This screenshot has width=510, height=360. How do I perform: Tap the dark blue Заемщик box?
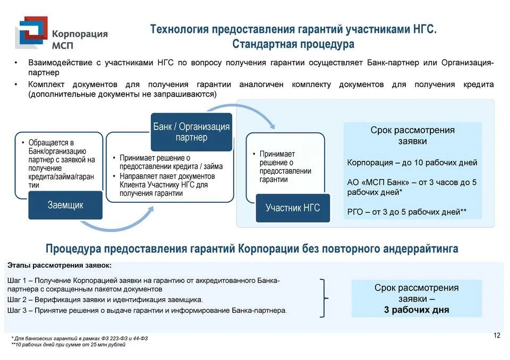point(65,205)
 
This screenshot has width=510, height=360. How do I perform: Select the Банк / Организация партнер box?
point(191,132)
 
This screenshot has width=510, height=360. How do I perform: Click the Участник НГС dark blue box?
point(293,208)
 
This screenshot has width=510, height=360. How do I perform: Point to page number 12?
point(497,335)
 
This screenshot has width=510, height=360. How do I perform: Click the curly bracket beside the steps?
point(324,298)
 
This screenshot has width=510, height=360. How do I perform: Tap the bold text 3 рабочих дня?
point(416,310)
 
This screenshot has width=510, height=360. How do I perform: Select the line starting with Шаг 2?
point(105,299)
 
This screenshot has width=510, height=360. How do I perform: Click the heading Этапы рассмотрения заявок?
point(59,265)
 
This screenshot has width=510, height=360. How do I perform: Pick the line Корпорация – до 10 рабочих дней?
point(412,162)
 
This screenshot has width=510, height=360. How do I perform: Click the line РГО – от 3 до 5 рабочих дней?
point(407,211)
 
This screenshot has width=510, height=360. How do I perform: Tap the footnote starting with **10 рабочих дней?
point(69,345)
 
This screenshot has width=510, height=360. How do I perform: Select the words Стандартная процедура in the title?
point(293,44)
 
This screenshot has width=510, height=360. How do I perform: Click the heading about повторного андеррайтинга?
point(252,248)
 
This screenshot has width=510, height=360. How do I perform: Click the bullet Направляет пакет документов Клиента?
point(168,184)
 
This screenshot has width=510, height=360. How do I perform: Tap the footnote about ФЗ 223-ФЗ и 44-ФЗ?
point(80,338)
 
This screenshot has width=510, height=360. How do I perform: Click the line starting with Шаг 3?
point(147,310)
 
